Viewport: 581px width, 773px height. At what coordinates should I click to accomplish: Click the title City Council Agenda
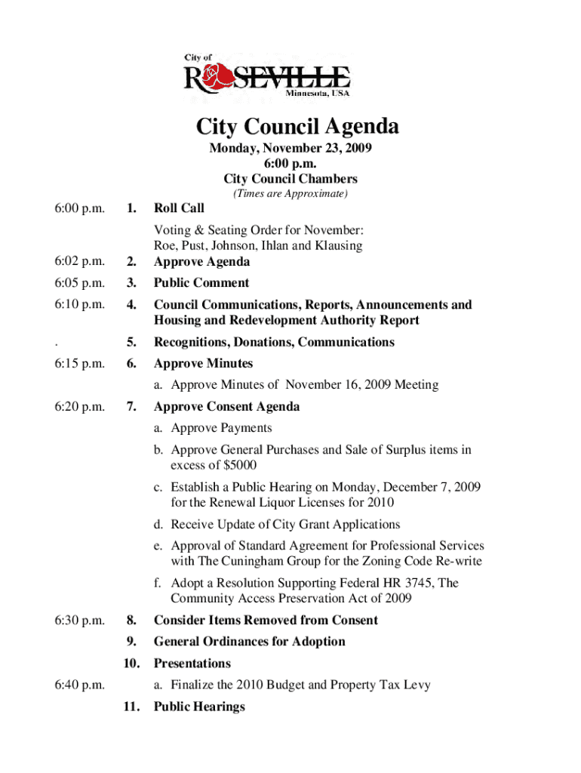point(297,126)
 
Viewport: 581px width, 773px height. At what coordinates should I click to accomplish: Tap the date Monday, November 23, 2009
point(290,149)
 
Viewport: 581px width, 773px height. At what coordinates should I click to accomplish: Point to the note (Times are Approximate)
point(290,194)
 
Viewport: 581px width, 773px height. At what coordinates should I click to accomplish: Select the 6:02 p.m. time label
point(79,262)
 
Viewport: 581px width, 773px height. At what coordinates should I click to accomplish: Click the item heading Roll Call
point(179,208)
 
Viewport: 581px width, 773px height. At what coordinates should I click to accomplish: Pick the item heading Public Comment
point(201,283)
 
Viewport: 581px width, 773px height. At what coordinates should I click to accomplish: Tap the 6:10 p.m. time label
point(79,304)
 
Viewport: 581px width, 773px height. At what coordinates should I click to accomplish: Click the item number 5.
point(131,342)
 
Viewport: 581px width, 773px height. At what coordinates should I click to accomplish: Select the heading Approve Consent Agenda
point(226,407)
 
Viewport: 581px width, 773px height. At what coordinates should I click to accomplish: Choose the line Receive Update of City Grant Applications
point(285,524)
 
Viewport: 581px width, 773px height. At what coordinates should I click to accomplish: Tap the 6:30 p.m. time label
point(79,620)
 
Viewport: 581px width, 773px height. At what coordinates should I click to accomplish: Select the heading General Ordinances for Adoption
point(249,642)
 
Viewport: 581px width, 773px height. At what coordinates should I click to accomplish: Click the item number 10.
point(130,664)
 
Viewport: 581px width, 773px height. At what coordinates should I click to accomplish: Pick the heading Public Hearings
point(199,707)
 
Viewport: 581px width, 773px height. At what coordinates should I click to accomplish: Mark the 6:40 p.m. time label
point(79,685)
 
